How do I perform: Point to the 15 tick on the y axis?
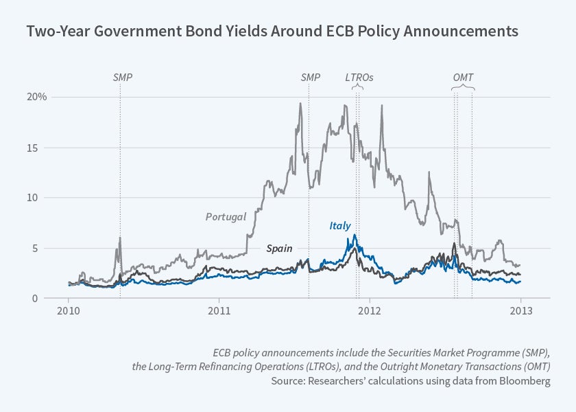click(41, 148)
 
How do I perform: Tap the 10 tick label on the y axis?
click(41, 198)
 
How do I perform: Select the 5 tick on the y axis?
click(43, 249)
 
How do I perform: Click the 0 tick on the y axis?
click(43, 299)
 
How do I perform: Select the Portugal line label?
click(226, 217)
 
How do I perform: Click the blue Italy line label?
click(341, 226)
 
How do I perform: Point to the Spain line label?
click(280, 248)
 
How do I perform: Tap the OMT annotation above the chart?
click(464, 78)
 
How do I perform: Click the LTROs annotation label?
click(359, 78)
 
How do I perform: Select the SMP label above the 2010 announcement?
click(122, 78)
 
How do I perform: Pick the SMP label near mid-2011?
click(311, 78)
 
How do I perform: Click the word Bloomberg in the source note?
click(525, 382)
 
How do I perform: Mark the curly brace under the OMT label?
click(464, 87)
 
